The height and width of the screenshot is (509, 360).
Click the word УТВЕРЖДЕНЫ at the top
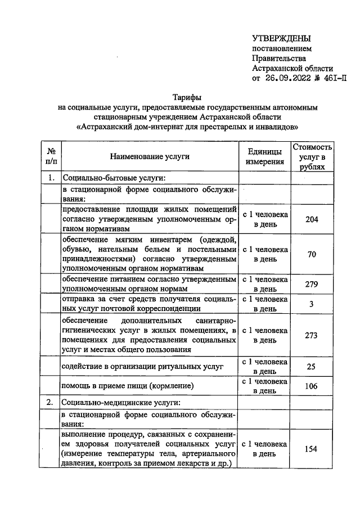point(281,38)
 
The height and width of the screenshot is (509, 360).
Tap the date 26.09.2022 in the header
point(287,78)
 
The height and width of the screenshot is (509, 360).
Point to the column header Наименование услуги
point(150,156)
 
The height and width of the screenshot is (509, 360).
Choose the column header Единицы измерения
point(264,156)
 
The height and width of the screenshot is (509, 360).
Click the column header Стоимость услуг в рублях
point(312,156)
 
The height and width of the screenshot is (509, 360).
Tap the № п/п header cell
point(51,156)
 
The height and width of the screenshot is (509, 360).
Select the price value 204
point(312,219)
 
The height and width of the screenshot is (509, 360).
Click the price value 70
point(312,254)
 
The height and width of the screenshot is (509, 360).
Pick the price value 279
point(312,284)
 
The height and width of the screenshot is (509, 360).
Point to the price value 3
point(312,304)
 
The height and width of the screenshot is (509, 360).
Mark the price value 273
point(312,335)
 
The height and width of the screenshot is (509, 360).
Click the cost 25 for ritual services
point(312,367)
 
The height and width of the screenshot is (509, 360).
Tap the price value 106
point(312,386)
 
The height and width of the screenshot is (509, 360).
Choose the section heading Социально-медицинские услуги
point(121,403)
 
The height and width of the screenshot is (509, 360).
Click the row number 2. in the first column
point(50,403)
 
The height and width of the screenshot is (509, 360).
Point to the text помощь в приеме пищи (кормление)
point(128,386)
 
